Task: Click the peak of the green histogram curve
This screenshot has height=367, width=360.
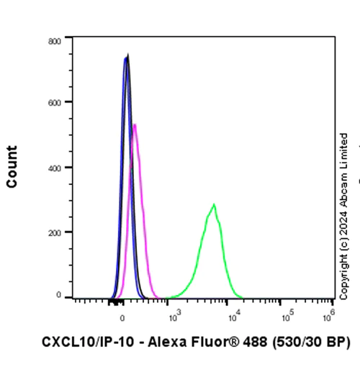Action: [214, 204]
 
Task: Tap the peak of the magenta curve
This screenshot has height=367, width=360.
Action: [135, 124]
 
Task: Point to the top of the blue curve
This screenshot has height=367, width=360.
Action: [125, 58]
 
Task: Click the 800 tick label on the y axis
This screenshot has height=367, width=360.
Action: [55, 41]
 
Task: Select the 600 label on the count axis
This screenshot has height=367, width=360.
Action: [55, 102]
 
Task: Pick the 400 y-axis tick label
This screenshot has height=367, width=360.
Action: [55, 167]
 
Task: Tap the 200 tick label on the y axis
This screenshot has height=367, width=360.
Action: [55, 232]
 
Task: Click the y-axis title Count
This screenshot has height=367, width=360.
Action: [12, 167]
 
